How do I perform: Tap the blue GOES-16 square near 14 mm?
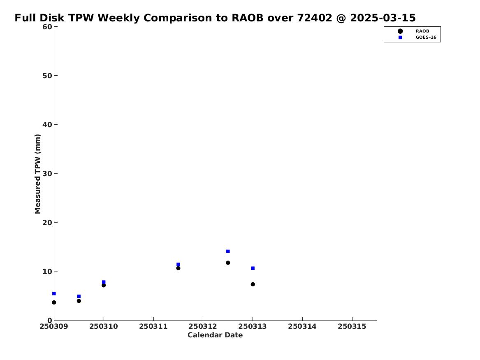228,251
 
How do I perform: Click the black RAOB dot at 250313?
253,284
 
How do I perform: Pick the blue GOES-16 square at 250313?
253,268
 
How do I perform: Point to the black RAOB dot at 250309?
54,302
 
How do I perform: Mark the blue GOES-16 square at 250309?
54,294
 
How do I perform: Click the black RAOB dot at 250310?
104,285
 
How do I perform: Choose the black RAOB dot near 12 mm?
228,262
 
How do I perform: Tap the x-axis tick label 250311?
153,326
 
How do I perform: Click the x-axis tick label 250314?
302,326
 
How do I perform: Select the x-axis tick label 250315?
352,326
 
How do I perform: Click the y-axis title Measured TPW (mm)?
37,174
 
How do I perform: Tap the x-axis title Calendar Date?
215,335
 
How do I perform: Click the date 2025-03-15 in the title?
383,18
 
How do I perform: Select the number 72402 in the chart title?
315,18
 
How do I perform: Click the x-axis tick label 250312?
203,326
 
